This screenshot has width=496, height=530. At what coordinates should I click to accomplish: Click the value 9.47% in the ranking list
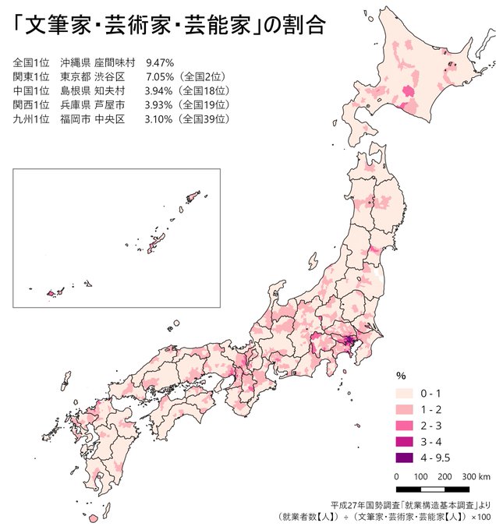[x=159, y=62]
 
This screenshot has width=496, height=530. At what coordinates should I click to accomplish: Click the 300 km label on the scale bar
[x=475, y=476]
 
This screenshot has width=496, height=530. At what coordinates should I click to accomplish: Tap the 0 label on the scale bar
[x=397, y=476]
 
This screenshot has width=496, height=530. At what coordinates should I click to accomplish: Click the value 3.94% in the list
[x=159, y=90]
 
